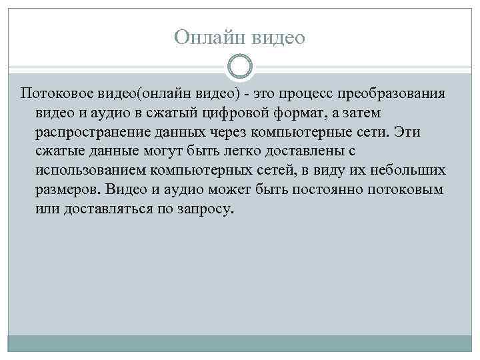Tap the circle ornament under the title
[x=239, y=67]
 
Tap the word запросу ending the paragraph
[x=204, y=209]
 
